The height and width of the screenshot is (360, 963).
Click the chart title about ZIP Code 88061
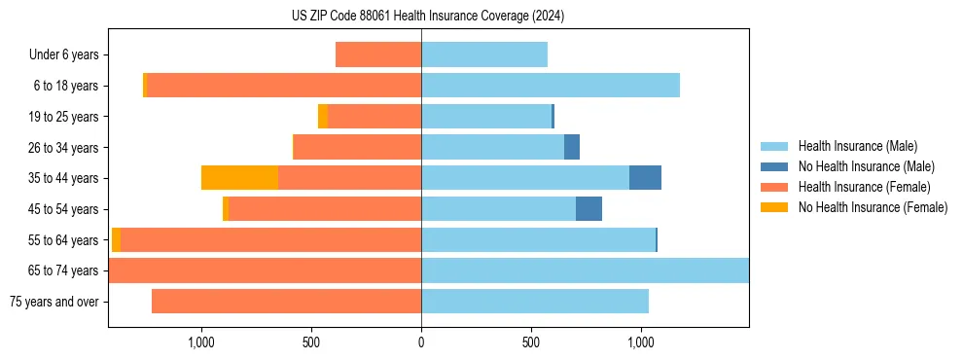pos(420,16)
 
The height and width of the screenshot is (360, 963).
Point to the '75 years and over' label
pos(54,302)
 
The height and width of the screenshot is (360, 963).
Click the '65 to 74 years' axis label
pos(64,270)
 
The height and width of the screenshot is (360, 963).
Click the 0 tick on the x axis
pos(421,342)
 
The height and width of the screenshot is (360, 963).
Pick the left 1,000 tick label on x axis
pos(200,342)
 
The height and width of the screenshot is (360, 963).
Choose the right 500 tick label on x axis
pos(531,342)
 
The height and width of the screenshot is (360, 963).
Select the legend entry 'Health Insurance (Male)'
pos(857,146)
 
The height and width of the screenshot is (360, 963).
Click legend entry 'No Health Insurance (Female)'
pos(873,207)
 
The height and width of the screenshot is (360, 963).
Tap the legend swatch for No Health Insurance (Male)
pos(776,166)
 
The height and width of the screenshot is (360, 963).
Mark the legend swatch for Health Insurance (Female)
pos(776,187)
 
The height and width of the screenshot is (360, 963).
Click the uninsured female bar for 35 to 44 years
pos(239,178)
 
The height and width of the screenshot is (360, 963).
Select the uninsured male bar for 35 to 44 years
pos(645,178)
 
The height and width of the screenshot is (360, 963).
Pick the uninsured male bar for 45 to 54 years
pos(588,209)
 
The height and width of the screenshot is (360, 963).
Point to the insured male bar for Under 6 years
pos(484,55)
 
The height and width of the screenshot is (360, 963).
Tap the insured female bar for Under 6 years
pos(378,55)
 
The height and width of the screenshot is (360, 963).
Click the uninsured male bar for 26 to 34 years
pos(572,148)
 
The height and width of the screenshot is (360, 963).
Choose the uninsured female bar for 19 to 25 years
pos(323,117)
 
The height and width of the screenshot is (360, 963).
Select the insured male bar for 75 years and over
pos(535,302)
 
